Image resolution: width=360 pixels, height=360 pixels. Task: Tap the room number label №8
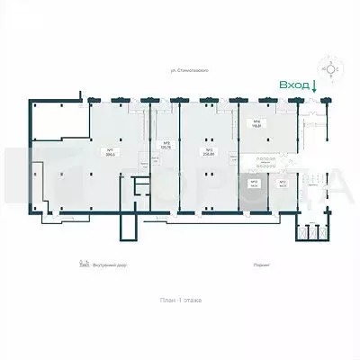tap(167, 142)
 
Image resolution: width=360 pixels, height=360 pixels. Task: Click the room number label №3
tap(209, 148)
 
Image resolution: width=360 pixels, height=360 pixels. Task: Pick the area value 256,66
tap(209, 154)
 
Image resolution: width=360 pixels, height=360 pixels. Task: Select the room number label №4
tap(256, 122)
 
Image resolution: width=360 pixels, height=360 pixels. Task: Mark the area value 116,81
tap(256, 128)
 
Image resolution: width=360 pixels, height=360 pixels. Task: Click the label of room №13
tap(255, 184)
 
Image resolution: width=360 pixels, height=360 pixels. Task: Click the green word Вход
tap(292, 85)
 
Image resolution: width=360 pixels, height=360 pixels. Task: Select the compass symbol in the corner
tap(334, 67)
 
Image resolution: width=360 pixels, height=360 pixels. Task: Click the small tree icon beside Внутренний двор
tap(82, 265)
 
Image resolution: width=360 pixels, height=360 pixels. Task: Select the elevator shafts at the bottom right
tap(312, 233)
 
